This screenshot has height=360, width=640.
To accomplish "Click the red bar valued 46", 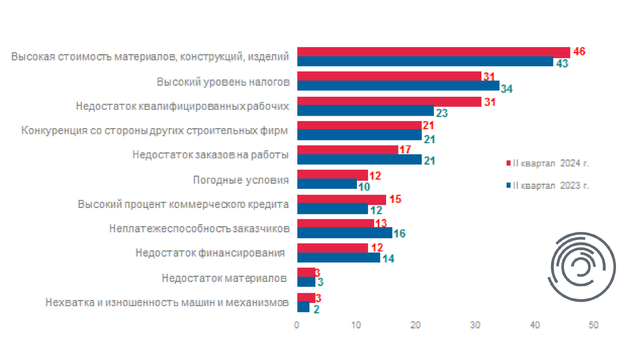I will click(x=433, y=52).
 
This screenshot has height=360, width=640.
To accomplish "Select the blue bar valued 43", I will click(x=425, y=62).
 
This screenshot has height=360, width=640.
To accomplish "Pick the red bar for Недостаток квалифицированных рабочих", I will click(x=389, y=101).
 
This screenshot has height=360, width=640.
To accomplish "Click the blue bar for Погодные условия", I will click(x=326, y=184).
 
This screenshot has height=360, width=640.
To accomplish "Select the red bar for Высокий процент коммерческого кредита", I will click(x=341, y=199).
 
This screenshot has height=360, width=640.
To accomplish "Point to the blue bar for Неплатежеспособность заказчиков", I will click(x=344, y=233).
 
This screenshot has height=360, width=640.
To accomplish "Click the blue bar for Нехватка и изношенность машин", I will click(x=303, y=307).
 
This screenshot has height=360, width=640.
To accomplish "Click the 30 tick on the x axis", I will click(x=475, y=324).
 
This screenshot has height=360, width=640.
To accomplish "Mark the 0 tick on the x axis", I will click(x=297, y=324).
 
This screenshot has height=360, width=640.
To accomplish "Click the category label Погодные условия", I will click(x=241, y=180).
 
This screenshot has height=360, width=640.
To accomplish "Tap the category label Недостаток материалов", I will click(x=224, y=278).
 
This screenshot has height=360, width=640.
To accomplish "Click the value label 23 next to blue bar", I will click(x=442, y=113).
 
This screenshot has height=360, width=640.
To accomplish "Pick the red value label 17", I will click(x=405, y=149).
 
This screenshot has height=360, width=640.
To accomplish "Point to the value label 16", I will click(x=400, y=234).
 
